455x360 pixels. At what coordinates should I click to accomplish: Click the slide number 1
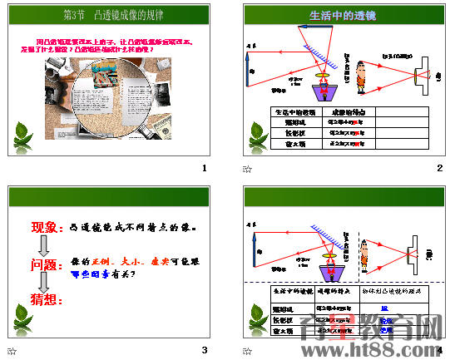[x=203, y=169]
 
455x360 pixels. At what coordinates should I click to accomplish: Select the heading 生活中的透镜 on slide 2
[x=343, y=15]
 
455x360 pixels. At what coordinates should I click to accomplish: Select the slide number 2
[x=439, y=169]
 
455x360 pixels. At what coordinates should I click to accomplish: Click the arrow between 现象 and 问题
[x=45, y=246]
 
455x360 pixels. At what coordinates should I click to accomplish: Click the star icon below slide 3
[x=12, y=351]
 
